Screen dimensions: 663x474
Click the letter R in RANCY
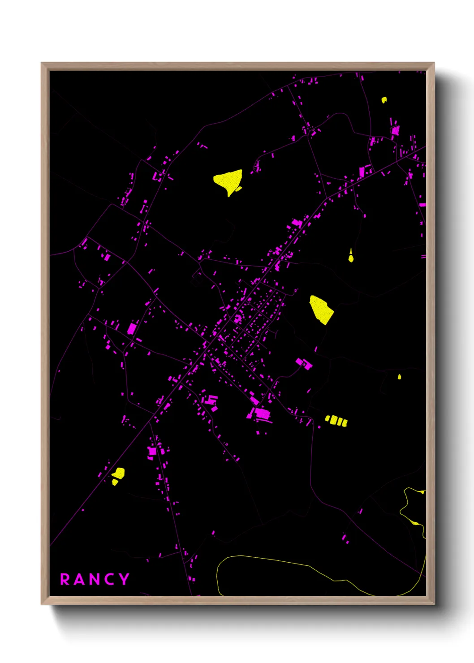coord(65,579)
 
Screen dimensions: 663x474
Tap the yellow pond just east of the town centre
coord(321,309)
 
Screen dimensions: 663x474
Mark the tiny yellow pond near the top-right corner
coord(384,100)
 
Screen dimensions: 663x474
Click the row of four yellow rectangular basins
coord(336,421)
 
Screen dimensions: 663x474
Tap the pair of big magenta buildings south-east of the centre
coord(304,363)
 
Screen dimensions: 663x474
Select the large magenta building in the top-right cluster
coord(395,130)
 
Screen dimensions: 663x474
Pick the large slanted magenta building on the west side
coord(132,328)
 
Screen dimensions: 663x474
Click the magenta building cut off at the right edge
coord(422,205)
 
